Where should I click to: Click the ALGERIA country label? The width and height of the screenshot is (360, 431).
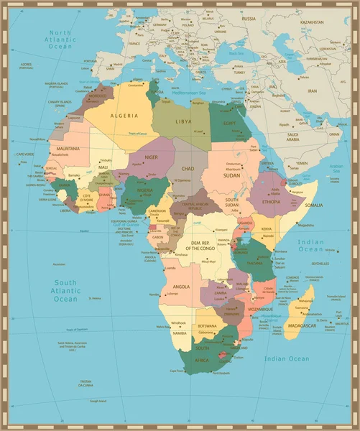click(x=124, y=115)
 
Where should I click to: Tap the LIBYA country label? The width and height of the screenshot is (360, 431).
click(x=184, y=121)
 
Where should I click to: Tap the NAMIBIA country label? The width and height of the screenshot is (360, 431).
click(x=179, y=333)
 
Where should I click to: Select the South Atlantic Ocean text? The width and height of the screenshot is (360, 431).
click(x=65, y=290)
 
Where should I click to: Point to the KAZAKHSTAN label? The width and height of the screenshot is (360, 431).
click(x=313, y=22)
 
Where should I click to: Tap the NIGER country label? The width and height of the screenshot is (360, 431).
click(x=152, y=157)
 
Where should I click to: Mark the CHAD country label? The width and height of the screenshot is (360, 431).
click(x=188, y=167)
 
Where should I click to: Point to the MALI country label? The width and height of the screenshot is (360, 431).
click(x=103, y=167)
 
